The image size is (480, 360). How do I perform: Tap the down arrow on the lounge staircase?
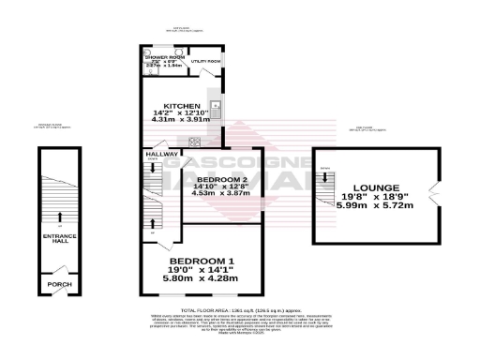326,179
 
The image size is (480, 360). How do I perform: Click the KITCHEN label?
181,106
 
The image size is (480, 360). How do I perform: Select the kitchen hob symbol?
196,142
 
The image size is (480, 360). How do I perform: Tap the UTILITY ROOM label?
206,62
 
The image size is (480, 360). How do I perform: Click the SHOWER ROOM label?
162,57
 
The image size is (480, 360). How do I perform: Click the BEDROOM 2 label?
215,178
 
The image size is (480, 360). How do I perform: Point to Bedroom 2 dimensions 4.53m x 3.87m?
215,193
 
